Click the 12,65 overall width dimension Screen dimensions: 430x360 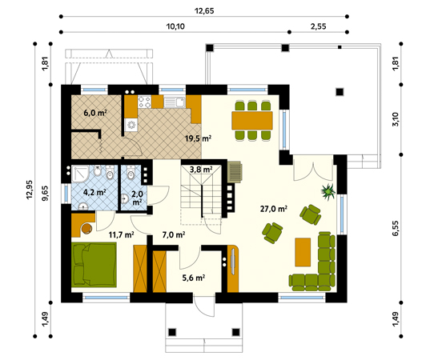click(x=204, y=10)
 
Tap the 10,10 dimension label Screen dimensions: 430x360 click(x=175, y=26)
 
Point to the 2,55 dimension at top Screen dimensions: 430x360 click(x=318, y=26)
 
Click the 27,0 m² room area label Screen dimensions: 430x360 click(x=274, y=209)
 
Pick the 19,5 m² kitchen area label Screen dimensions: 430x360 click(x=198, y=138)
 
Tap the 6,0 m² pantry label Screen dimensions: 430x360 click(x=94, y=113)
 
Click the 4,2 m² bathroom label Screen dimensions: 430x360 click(x=94, y=192)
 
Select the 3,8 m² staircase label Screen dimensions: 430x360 click(x=201, y=170)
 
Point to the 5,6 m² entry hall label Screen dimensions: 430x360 click(x=194, y=278)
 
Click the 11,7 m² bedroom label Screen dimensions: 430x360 click(x=121, y=234)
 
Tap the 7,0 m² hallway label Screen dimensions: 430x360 click(x=173, y=234)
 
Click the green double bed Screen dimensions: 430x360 click(x=94, y=265)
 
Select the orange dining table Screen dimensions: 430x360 click(x=252, y=120)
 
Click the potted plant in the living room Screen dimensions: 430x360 click(x=328, y=191)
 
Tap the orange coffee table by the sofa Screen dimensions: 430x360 click(x=303, y=252)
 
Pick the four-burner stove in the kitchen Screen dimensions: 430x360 click(x=144, y=102)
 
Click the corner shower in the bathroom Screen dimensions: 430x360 click(x=80, y=174)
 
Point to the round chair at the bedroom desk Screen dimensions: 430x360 click(x=87, y=229)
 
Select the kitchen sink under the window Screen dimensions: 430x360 click(x=175, y=102)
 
